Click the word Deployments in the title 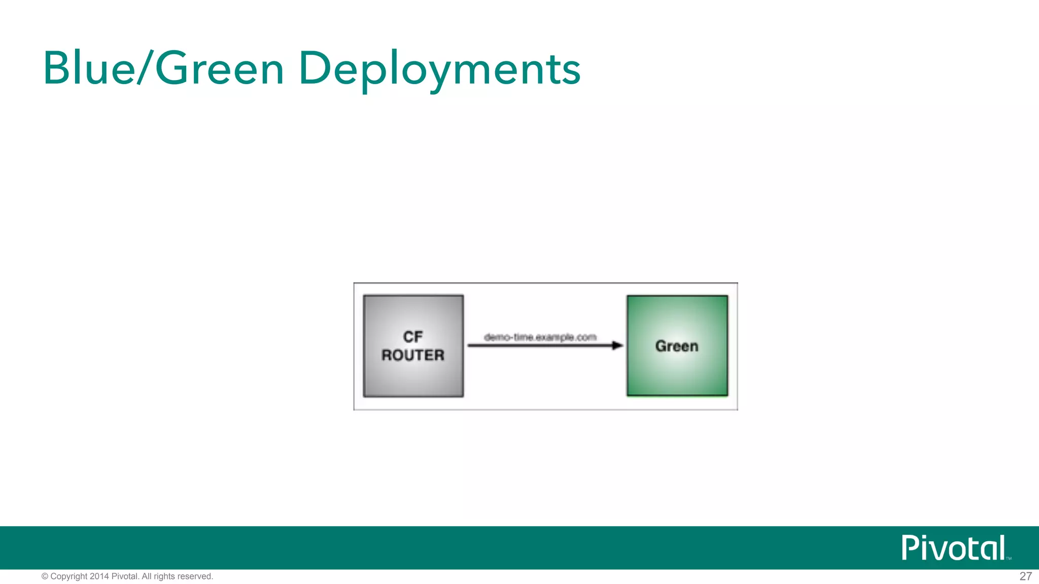439,70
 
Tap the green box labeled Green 677,375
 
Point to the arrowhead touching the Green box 617,346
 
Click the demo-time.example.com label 540,337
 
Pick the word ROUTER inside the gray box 413,355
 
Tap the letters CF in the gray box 413,337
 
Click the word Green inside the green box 677,346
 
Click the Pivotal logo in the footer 954,548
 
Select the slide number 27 1025,576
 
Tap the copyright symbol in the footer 45,576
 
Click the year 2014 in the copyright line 99,576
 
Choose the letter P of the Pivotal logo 910,548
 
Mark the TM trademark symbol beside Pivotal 1009,558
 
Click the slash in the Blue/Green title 144,68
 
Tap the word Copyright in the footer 69,576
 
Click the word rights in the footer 164,576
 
